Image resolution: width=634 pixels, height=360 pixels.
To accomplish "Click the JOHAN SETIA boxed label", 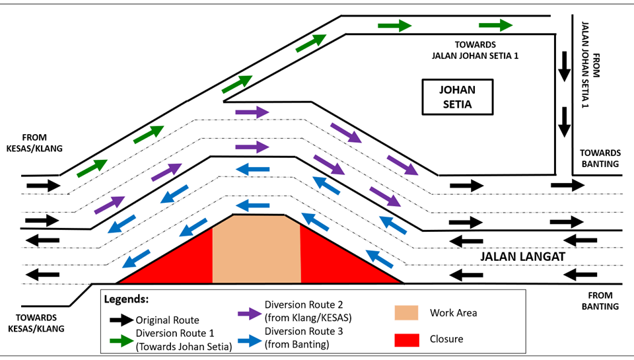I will coord(458,97).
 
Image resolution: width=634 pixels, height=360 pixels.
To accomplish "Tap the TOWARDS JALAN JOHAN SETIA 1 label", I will coord(470,51).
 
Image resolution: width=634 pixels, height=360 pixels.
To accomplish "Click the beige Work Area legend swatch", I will coord(407,312).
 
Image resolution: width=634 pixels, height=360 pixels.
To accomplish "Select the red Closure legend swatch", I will coord(407,339).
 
